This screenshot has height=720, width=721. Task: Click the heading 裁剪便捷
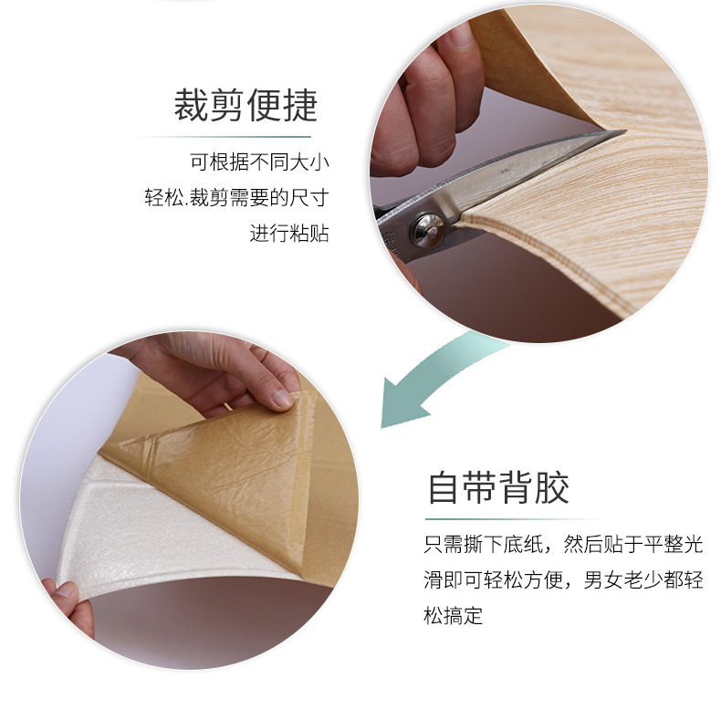pos(246,105)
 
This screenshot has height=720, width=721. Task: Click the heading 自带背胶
pos(498,487)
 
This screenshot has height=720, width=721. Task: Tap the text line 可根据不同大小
pos(260,162)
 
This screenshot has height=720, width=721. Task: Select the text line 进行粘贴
pos(289,233)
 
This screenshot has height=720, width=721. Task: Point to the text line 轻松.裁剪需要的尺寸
pos(236,198)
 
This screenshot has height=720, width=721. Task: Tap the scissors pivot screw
pos(427,229)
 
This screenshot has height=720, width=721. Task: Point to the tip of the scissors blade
pos(625,131)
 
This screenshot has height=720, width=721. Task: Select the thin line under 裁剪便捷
pos(225,137)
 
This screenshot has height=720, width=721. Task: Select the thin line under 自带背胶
pos(513,519)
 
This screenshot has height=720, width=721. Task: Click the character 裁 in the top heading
pos(191,105)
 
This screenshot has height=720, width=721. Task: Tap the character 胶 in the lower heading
pos(552,487)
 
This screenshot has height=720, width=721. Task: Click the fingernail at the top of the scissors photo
pos(458,37)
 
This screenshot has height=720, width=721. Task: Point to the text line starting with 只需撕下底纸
pos(563,545)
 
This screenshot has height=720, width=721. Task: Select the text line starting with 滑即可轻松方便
pos(563,579)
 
